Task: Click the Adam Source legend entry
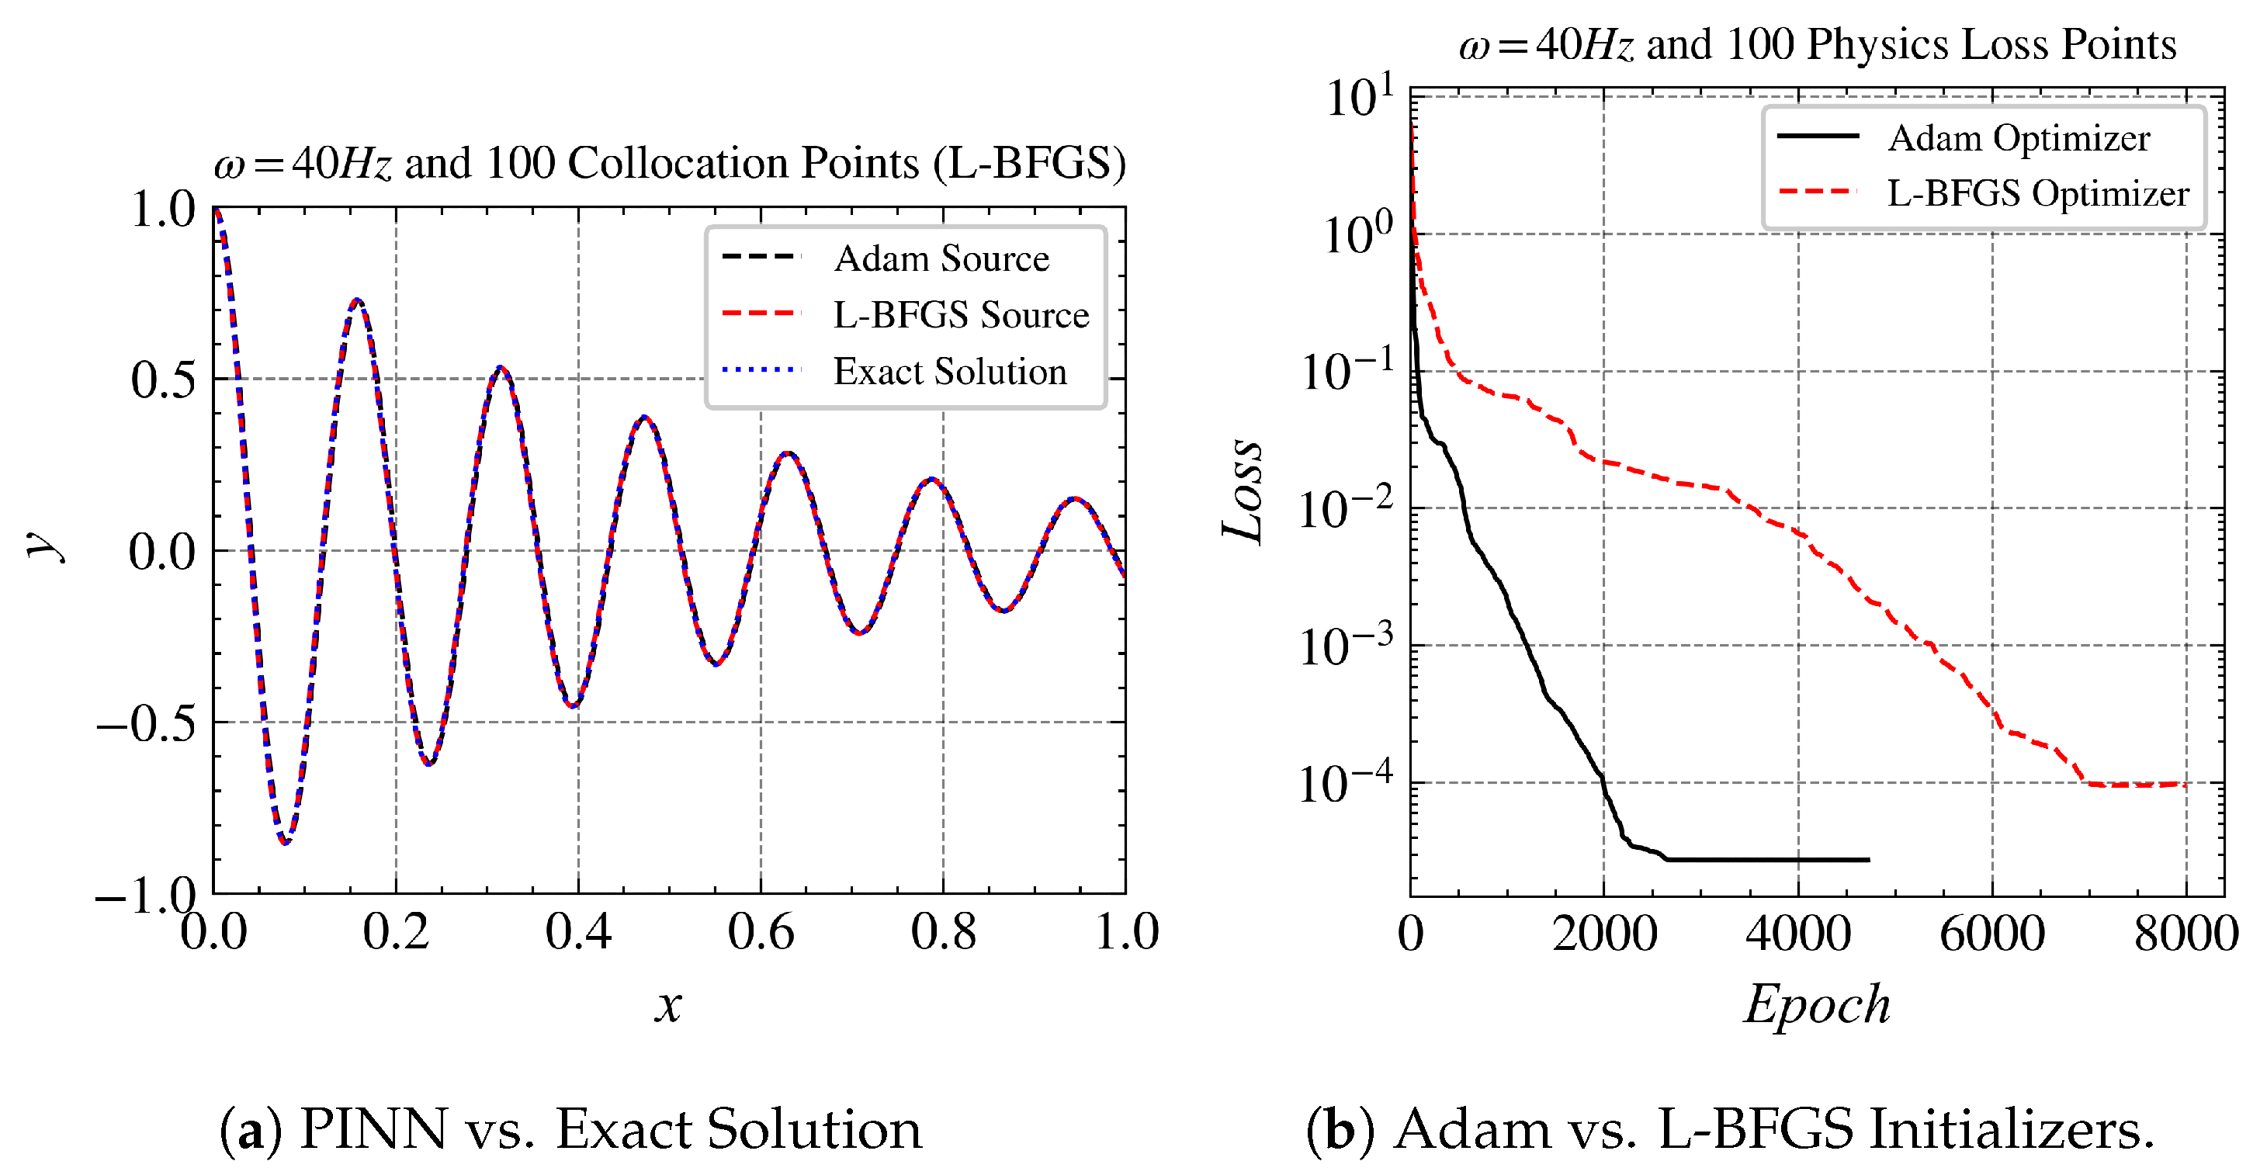[941, 259]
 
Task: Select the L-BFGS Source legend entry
[960, 315]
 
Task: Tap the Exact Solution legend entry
[949, 372]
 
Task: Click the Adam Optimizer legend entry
[2018, 139]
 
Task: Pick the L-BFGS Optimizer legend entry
[2037, 194]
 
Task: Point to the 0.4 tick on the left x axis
[578, 932]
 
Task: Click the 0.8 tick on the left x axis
[943, 932]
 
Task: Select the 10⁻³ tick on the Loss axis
[1345, 646]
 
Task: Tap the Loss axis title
[1243, 491]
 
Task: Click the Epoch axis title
[1816, 1005]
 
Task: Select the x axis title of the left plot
[667, 1006]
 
